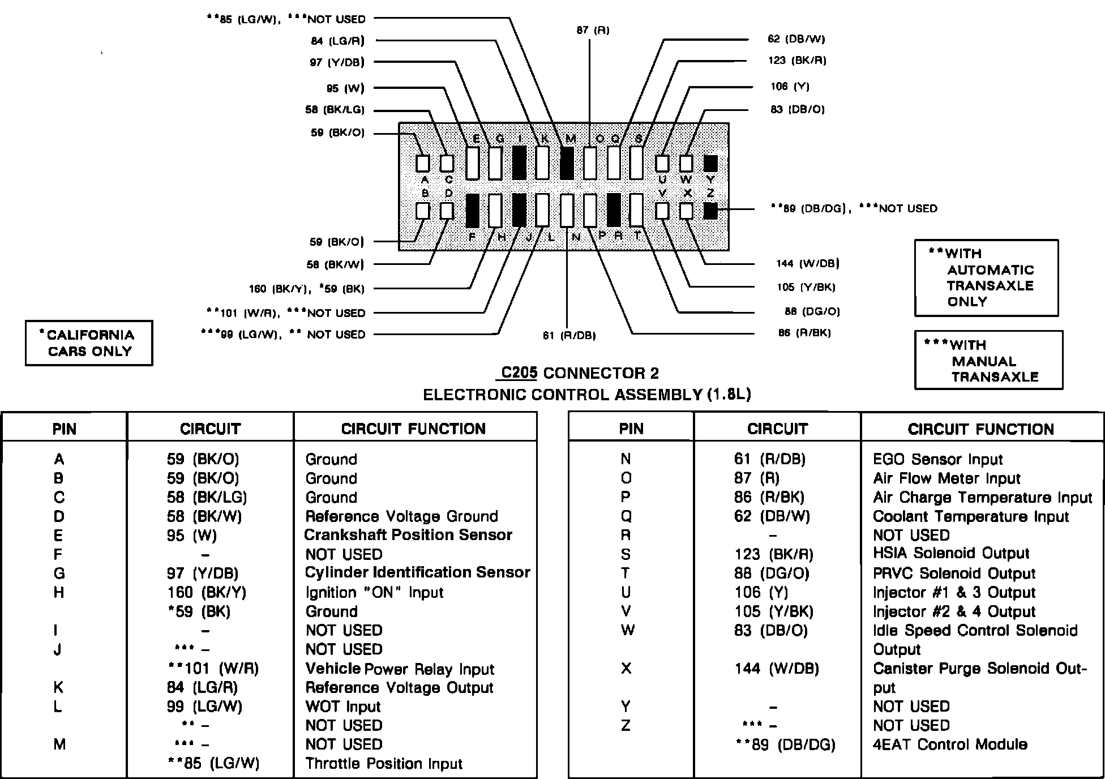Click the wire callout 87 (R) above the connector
(593, 30)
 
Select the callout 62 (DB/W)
(796, 39)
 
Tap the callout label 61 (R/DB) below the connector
(569, 335)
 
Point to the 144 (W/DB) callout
(807, 263)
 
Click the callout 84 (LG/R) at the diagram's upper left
(337, 41)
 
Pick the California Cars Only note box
(89, 343)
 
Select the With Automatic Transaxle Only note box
(986, 277)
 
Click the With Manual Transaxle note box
(988, 361)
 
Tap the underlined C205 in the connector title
(519, 373)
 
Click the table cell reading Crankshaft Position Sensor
(408, 535)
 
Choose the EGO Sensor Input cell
(937, 459)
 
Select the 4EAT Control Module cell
(950, 744)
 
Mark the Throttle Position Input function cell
(384, 764)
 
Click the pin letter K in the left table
(58, 687)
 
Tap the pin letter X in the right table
(626, 669)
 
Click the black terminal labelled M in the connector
(567, 163)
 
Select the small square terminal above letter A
(423, 163)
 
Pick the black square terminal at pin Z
(710, 211)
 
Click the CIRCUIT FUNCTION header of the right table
(980, 429)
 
